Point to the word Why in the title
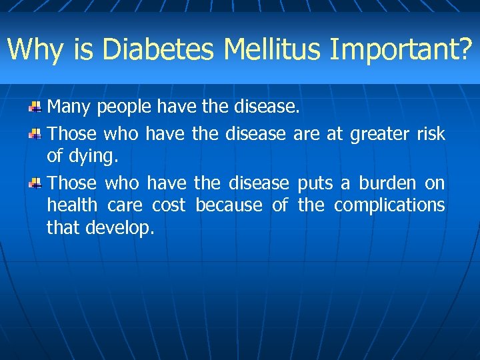point(33,49)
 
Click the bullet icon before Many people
point(36,107)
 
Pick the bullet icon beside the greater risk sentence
point(36,134)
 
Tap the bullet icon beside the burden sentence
point(36,183)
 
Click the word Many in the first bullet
point(69,107)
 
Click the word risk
point(431,133)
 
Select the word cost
point(169,205)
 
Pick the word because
point(229,205)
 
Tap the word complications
point(389,206)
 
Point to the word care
point(125,205)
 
